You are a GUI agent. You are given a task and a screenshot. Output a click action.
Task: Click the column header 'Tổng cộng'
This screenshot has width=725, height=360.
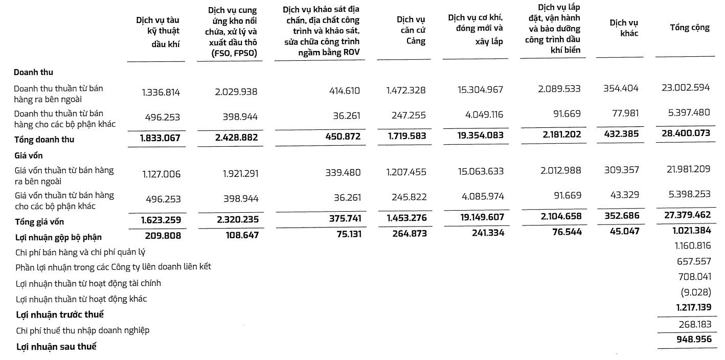click(689, 28)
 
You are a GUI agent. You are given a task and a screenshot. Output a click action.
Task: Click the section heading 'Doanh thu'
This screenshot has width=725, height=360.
click(33, 72)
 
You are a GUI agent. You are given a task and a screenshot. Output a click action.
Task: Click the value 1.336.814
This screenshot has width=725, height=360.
click(161, 92)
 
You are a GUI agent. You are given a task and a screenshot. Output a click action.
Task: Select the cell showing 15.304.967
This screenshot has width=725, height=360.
click(480, 90)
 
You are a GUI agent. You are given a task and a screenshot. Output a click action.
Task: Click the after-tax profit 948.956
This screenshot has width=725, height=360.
click(691, 339)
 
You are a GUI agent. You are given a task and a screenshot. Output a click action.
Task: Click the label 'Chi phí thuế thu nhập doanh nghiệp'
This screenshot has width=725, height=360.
click(82, 330)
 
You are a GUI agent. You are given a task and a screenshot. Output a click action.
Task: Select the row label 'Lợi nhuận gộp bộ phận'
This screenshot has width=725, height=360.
click(58, 237)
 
